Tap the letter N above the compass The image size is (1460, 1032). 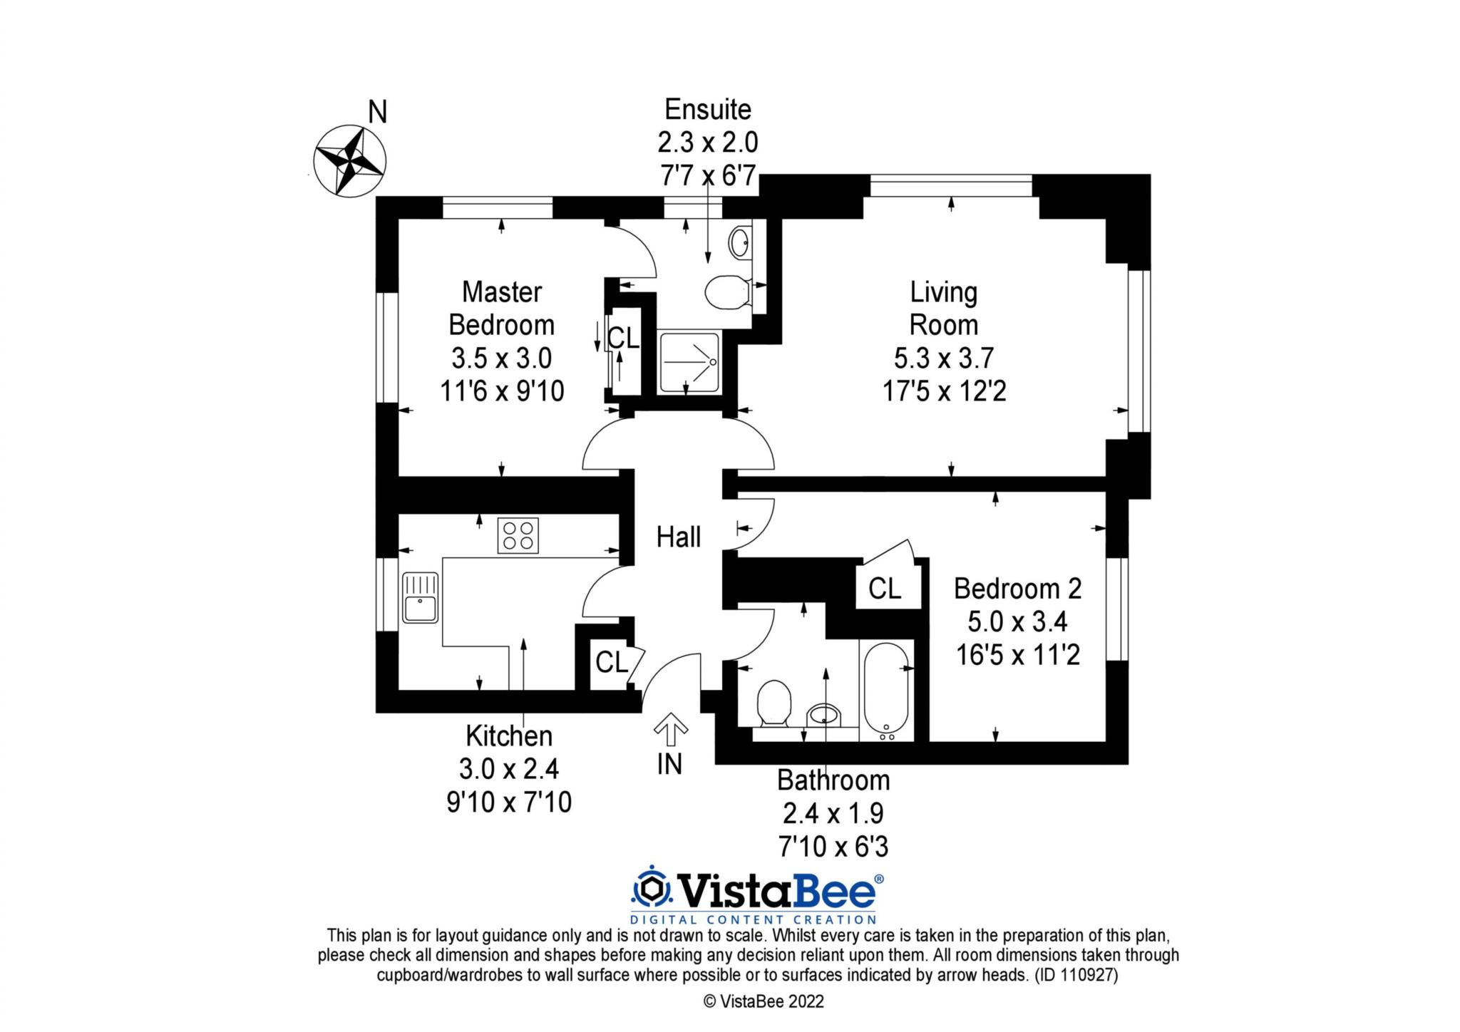(377, 113)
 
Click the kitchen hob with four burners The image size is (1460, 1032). (518, 535)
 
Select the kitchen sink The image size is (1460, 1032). (420, 597)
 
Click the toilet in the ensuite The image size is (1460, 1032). (724, 292)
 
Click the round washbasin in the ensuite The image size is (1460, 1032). (739, 244)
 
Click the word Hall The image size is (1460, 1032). (678, 537)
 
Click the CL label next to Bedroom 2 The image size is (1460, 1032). (885, 589)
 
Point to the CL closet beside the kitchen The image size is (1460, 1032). (612, 662)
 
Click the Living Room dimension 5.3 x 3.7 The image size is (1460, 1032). (943, 358)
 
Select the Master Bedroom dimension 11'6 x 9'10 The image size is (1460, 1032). (502, 391)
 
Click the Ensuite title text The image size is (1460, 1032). (707, 110)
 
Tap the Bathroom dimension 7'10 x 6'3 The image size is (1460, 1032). (833, 847)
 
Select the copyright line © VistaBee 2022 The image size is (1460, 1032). (764, 1001)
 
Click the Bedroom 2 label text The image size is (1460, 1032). (1017, 589)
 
